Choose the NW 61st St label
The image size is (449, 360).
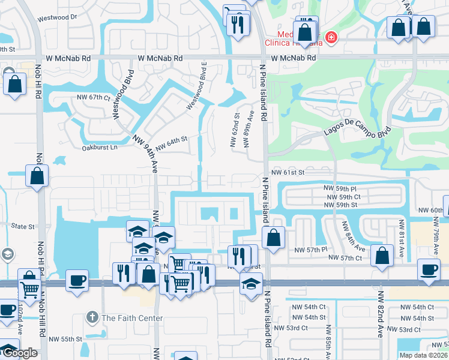(x=289, y=172)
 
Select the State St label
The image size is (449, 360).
(x=23, y=226)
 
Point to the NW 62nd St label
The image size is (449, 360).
(x=235, y=130)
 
